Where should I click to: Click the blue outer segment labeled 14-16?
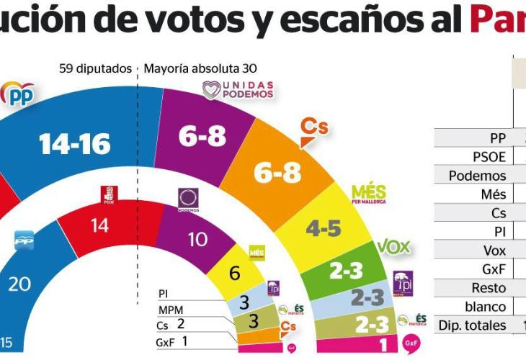coord(76,144)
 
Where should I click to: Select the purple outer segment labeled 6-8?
coord(202,135)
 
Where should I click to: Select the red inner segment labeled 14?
coord(99,226)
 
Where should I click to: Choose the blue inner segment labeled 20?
coord(19,283)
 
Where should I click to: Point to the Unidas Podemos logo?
coord(239,89)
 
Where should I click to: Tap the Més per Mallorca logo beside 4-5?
coord(369,193)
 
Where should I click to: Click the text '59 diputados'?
coord(96,69)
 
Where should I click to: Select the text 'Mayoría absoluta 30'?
coord(200,69)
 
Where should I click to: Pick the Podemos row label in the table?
coord(477,176)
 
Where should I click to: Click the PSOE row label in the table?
coord(487,157)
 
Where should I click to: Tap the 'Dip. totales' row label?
coord(472,325)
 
